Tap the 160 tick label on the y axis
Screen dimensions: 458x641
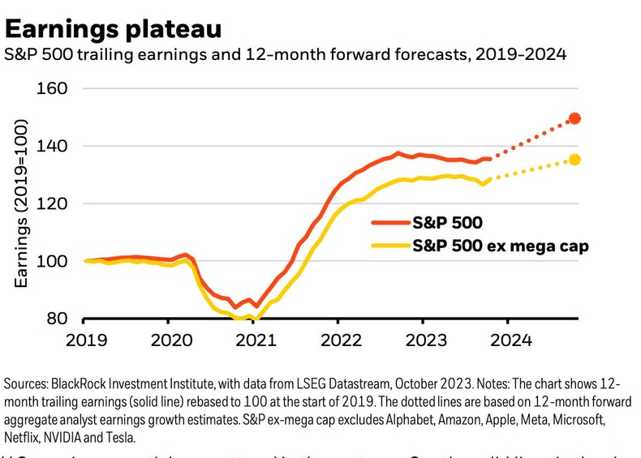pyautogui.click(x=53, y=88)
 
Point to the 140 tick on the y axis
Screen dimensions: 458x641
pyautogui.click(x=53, y=146)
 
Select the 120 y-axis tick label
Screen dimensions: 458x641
pyautogui.click(x=53, y=203)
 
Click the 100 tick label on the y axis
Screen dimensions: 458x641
pyautogui.click(x=53, y=261)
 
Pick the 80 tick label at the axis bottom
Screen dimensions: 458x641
pyautogui.click(x=57, y=319)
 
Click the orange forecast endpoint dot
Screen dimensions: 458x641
pyautogui.click(x=575, y=118)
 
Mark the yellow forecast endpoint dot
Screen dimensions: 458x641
pyautogui.click(x=575, y=160)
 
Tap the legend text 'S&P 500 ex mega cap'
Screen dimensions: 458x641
pyautogui.click(x=500, y=245)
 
